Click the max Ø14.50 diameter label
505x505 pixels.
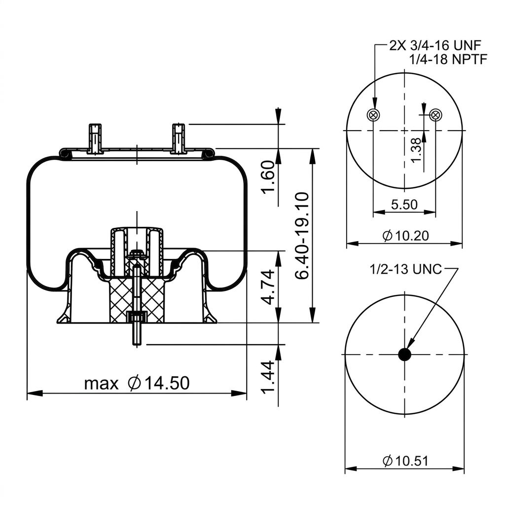click(137, 383)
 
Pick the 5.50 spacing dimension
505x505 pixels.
click(404, 204)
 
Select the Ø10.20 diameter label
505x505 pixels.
click(405, 236)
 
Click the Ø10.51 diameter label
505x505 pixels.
click(405, 461)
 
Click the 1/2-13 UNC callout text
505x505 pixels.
click(406, 269)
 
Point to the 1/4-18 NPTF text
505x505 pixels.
click(448, 59)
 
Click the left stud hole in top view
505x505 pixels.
click(373, 115)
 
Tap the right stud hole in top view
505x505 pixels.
click(435, 115)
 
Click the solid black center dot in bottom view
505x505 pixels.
click(404, 354)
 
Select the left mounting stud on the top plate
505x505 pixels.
click(95, 138)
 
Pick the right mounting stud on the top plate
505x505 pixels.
click(179, 138)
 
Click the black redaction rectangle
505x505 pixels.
click(139, 188)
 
